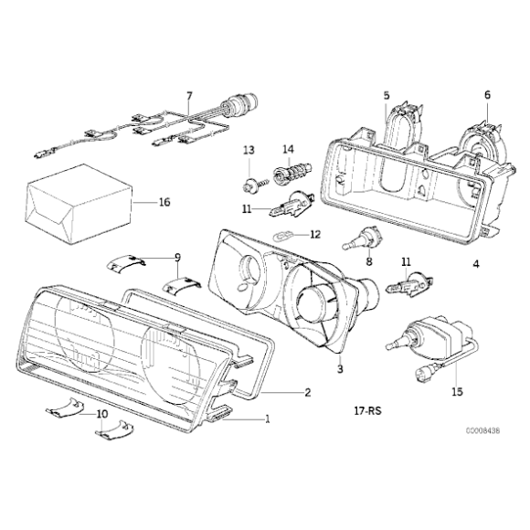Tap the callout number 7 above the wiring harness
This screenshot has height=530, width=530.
pos(189,95)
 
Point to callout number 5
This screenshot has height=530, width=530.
pos(387,95)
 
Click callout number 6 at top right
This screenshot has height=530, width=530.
pos(487,95)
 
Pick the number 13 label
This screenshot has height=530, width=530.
pos(248,148)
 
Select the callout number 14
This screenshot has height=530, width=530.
pos(288,148)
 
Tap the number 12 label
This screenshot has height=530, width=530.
pos(315,234)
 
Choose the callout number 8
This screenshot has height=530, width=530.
pos(369,262)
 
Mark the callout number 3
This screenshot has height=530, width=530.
pos(339,370)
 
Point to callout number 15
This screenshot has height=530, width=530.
pos(457,393)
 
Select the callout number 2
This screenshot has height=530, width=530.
pos(308,393)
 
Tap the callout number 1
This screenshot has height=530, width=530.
pos(267,421)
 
